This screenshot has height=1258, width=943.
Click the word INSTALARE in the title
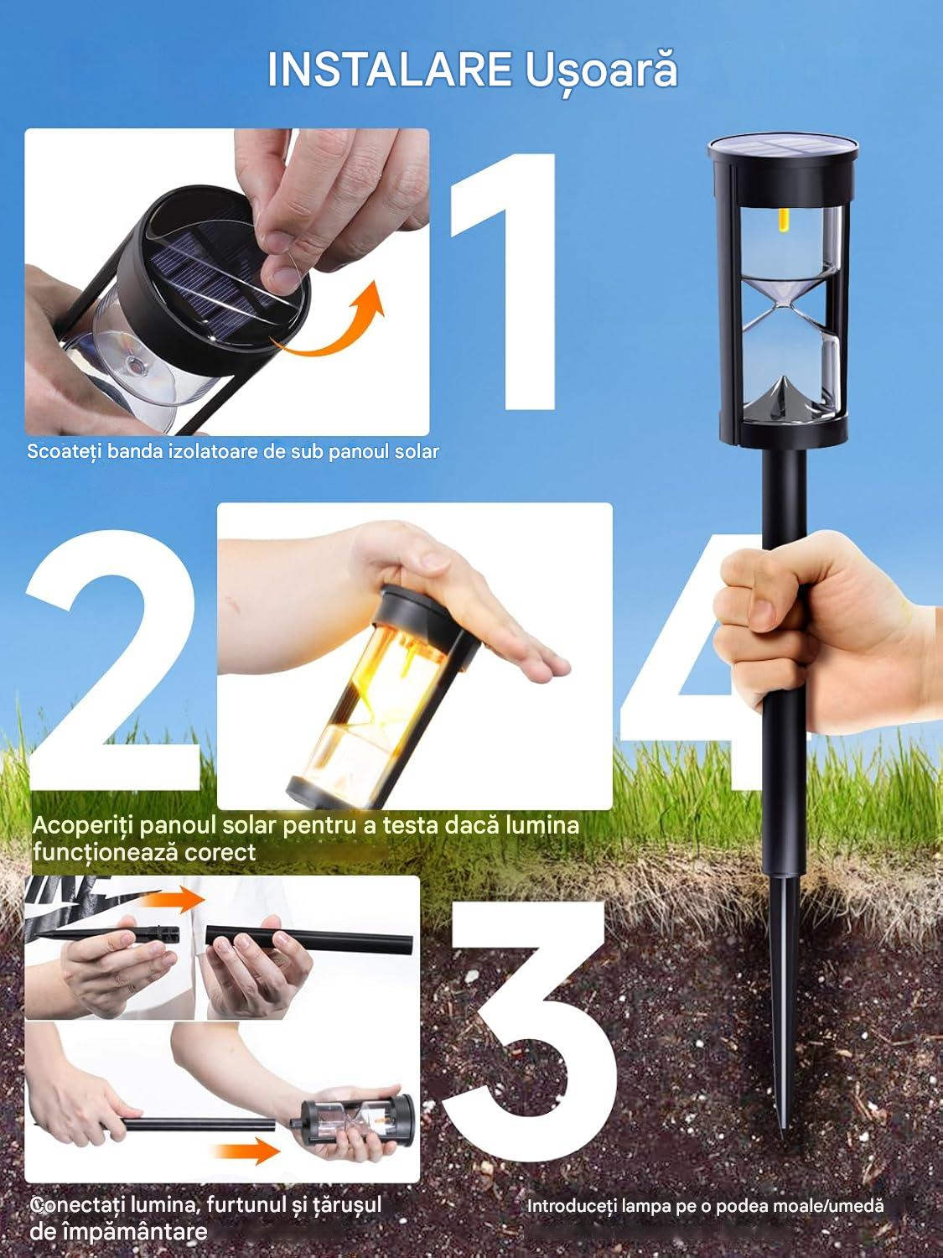(389, 70)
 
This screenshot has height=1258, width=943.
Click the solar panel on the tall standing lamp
(782, 148)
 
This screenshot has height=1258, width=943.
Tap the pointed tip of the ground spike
(783, 1137)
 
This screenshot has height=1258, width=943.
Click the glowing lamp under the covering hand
(385, 694)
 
